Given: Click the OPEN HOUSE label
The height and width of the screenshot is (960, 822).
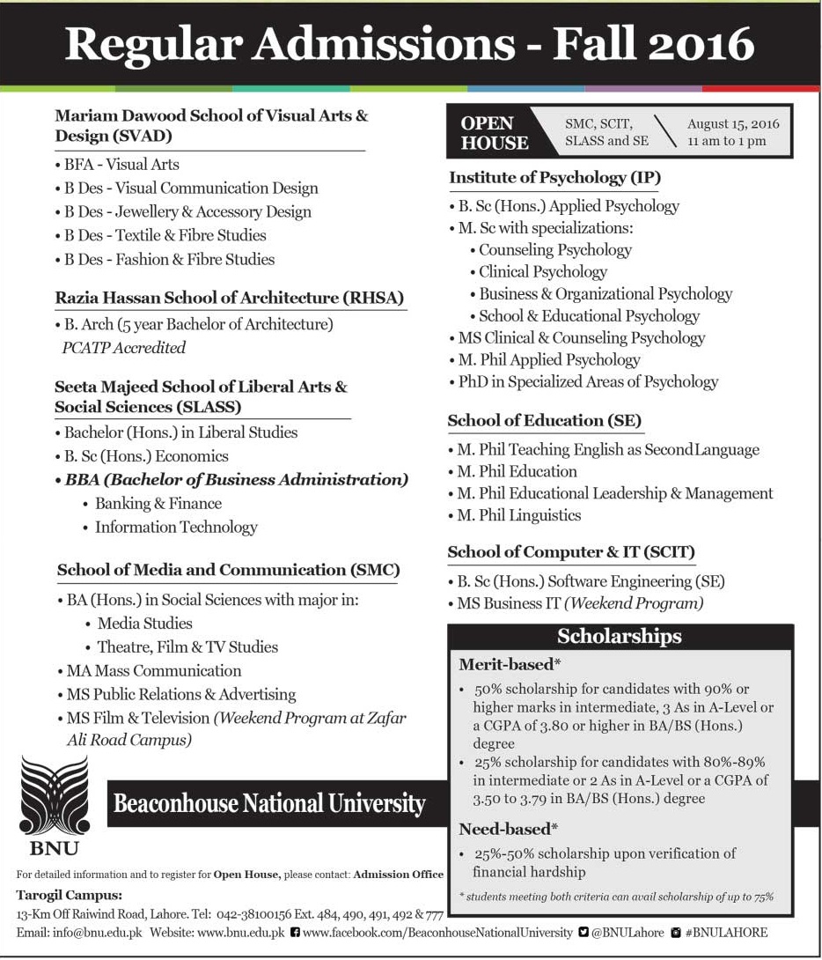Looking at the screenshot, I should coord(495,132).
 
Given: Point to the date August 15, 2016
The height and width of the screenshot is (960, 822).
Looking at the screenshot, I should coord(733,124).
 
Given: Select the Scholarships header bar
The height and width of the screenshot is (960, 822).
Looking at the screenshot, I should coord(620,636).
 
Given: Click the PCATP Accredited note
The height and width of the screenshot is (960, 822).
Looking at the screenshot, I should coord(123,348).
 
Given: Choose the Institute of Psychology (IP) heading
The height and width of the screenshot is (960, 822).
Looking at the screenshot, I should coord(554,178).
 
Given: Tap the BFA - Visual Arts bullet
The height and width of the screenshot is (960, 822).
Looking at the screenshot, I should coord(121,165).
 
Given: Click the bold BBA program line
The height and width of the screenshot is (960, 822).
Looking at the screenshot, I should coord(236,480).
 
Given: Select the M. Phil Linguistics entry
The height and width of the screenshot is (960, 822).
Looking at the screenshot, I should coord(518,515).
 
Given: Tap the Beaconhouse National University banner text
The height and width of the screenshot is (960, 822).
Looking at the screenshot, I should coord(269,803).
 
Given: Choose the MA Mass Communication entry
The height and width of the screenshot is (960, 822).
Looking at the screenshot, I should coord(153,670).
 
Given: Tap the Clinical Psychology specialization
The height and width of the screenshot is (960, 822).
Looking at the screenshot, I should coord(542,272).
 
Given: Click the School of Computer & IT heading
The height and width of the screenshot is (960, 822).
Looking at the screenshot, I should coord(571,552).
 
